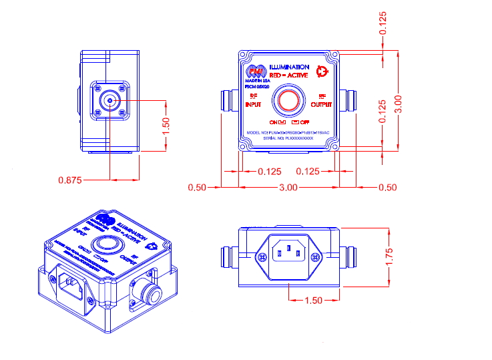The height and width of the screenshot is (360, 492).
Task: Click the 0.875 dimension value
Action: pos(70,180)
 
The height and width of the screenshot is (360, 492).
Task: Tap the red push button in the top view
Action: pos(289,102)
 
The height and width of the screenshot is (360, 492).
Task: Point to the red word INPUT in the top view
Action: pos(253,104)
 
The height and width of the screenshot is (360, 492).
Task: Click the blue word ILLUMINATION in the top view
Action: pos(289,67)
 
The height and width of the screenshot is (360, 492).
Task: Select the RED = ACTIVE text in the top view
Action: pos(289,76)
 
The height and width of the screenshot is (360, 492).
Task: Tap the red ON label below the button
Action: pos(273,123)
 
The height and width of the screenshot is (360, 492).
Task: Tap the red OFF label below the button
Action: pos(304,123)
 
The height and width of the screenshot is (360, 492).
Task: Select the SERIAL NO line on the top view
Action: pos(289,138)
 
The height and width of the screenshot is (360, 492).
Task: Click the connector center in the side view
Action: pos(109,101)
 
